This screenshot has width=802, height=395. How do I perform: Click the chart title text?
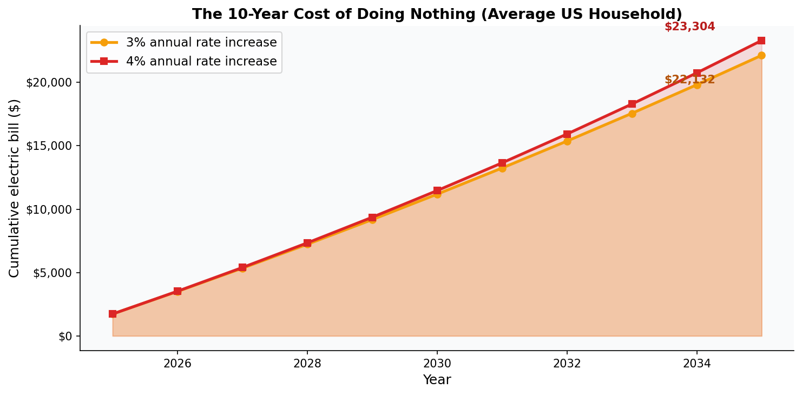pyautogui.click(x=437, y=15)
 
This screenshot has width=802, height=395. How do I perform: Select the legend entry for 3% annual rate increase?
pyautogui.click(x=201, y=42)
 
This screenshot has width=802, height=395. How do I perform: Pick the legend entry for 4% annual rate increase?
pyautogui.click(x=201, y=62)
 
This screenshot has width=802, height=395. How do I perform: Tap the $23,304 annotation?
pyautogui.click(x=689, y=27)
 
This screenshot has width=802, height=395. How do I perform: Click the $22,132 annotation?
pyautogui.click(x=689, y=80)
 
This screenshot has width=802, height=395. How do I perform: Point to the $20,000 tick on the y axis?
pyautogui.click(x=49, y=82)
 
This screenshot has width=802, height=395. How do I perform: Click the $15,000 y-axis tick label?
pyautogui.click(x=49, y=146)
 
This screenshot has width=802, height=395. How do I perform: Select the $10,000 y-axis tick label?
pyautogui.click(x=49, y=209)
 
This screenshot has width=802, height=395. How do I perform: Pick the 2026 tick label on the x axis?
pyautogui.click(x=178, y=364)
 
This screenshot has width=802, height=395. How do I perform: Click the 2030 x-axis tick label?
pyautogui.click(x=437, y=364)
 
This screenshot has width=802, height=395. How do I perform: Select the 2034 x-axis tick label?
pyautogui.click(x=697, y=364)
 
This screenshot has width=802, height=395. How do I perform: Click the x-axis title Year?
pyautogui.click(x=437, y=380)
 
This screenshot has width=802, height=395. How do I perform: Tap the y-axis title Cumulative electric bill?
pyautogui.click(x=15, y=188)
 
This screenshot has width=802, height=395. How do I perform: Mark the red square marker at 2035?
pyautogui.click(x=761, y=41)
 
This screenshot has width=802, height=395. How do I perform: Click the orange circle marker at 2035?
pyautogui.click(x=761, y=55)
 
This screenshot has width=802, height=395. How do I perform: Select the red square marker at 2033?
pyautogui.click(x=632, y=104)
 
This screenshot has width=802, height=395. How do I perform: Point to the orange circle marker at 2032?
pyautogui.click(x=567, y=141)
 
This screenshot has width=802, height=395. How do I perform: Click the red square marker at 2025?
pyautogui.click(x=113, y=314)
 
